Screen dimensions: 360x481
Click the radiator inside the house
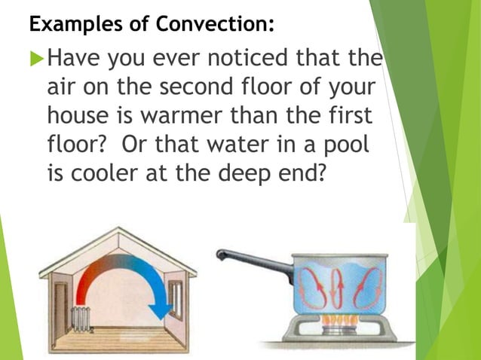click(x=78, y=317)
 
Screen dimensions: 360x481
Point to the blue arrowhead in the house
click(x=160, y=310)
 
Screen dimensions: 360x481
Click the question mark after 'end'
click(x=320, y=173)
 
